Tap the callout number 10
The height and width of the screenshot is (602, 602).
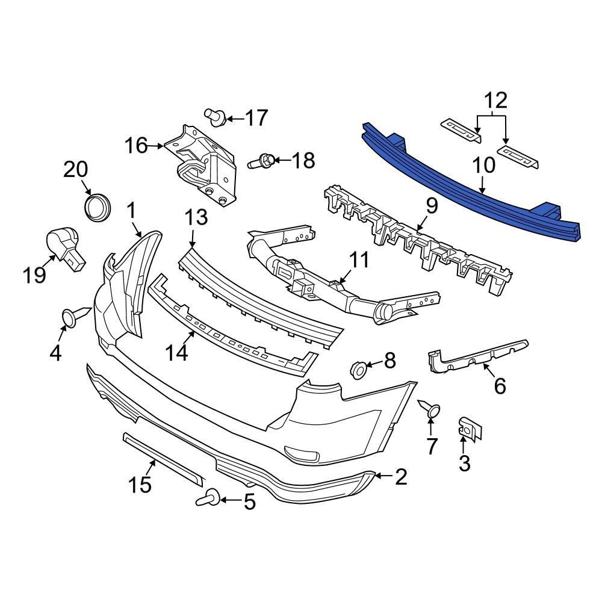pos(483,164)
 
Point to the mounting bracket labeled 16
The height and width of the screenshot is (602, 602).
pos(202,166)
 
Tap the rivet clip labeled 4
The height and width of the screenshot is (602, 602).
pos(72,318)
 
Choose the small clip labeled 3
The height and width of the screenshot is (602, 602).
pos(468,427)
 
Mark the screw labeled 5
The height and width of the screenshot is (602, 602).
pos(208,498)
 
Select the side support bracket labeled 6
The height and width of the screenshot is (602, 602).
pos(479,359)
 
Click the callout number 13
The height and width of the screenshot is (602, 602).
pos(195,217)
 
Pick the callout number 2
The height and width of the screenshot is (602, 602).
pos(401,477)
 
